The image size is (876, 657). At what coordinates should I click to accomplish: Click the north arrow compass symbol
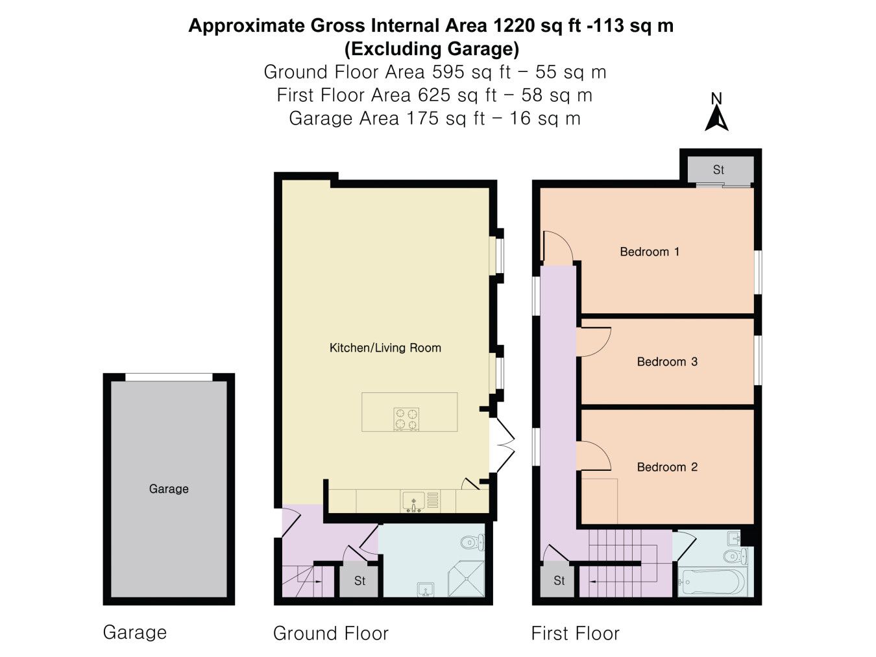pos(717,112)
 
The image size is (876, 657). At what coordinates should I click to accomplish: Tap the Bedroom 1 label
pos(650,252)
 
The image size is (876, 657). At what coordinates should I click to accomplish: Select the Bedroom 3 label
pos(667,361)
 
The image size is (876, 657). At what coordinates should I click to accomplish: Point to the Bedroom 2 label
pos(667,467)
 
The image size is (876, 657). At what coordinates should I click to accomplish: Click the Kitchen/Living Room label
pos(385,348)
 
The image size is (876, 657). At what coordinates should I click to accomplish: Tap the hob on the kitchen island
pos(406,419)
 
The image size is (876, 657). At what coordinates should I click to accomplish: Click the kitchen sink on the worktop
pos(413,501)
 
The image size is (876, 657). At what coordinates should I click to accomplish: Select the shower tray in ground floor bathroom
pos(466,579)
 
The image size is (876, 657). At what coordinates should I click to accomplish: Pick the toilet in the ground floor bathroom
pos(472,542)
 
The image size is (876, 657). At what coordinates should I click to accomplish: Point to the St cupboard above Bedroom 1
pos(718,170)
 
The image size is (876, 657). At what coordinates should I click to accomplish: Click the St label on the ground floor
pos(359,581)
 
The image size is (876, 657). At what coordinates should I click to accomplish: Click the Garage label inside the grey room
pos(169,488)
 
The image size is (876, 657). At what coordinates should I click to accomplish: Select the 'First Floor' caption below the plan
pos(575,634)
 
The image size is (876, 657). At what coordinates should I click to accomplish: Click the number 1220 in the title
pos(513,25)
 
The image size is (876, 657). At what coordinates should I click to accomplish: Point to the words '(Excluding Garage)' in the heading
pos(432,49)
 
